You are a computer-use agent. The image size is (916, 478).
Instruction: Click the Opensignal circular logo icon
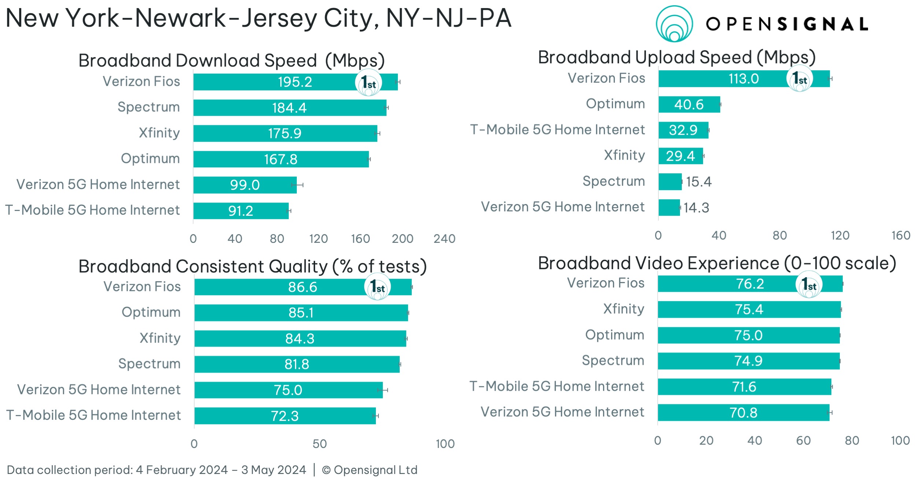(674, 24)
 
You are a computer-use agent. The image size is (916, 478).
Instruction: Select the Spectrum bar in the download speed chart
(290, 108)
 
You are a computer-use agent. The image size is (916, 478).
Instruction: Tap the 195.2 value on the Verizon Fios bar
(295, 82)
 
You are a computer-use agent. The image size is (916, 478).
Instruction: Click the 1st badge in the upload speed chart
(799, 78)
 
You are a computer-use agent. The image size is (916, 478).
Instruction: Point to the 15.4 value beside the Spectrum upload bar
(699, 182)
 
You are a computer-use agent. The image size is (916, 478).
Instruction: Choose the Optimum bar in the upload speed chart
(689, 104)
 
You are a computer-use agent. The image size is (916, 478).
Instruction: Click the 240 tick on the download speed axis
(444, 239)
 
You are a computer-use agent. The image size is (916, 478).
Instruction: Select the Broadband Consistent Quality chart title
(253, 266)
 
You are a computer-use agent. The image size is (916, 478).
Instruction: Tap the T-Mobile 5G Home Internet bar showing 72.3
(285, 416)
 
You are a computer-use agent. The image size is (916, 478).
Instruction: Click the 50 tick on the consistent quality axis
(320, 444)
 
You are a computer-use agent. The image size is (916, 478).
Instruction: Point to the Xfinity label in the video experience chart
(624, 309)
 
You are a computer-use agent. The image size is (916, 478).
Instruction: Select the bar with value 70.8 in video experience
(743, 412)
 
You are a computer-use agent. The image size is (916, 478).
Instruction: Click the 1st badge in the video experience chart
(809, 285)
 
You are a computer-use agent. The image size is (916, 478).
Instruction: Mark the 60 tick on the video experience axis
(804, 441)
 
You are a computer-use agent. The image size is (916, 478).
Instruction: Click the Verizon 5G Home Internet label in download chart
(98, 184)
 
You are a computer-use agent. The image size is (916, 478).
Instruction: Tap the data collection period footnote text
(156, 470)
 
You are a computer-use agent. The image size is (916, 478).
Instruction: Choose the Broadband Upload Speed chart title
(677, 58)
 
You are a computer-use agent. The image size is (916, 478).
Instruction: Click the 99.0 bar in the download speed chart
(245, 185)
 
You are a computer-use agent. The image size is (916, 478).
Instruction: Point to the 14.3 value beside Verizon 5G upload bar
(696, 208)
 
